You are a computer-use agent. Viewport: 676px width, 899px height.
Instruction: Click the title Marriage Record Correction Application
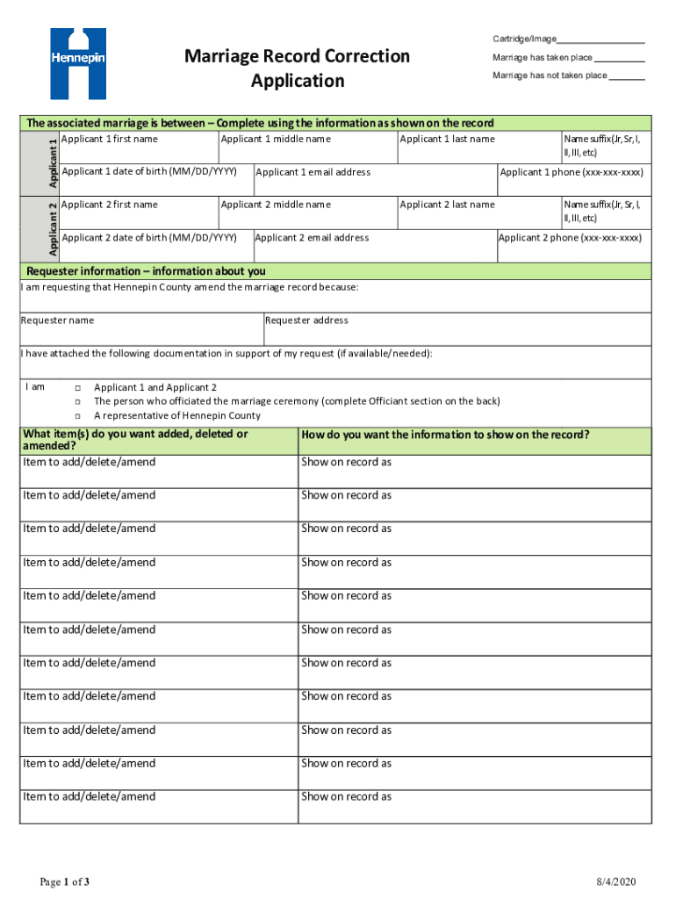[x=297, y=68]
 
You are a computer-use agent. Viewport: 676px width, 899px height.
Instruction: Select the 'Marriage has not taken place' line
[x=626, y=76]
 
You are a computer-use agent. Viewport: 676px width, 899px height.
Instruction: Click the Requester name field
[x=140, y=329]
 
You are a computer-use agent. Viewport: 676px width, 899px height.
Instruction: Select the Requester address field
[x=457, y=329]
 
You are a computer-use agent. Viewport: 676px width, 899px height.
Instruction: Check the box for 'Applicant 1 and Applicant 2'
[x=77, y=388]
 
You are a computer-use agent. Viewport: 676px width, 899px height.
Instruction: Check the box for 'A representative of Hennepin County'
[x=77, y=416]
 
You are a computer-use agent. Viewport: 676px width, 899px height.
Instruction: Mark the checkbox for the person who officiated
[x=77, y=402]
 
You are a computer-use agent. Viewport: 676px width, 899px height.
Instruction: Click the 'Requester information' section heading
[x=146, y=271]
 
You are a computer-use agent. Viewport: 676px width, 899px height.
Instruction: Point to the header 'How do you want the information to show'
[x=445, y=435]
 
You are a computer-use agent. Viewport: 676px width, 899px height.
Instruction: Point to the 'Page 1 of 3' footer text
[x=64, y=881]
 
